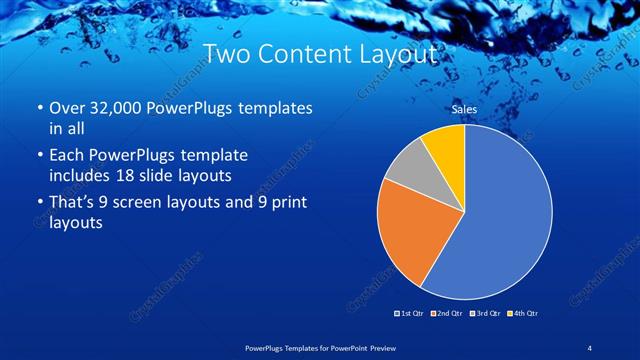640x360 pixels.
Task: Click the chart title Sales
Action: tap(464, 109)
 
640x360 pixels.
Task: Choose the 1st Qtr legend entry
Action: tap(410, 314)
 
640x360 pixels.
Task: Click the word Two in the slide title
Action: tap(227, 53)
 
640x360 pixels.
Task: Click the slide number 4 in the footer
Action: tap(589, 347)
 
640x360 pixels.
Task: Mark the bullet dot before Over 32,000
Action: tap(39, 108)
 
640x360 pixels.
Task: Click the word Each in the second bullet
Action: tap(67, 156)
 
